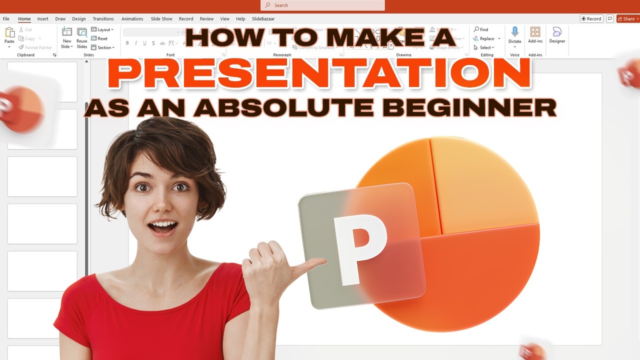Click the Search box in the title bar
[322, 5]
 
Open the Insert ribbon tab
[42, 19]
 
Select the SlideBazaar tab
[263, 19]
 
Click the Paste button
[9, 35]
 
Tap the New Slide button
[66, 37]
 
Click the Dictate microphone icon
[514, 33]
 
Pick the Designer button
[557, 35]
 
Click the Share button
[627, 19]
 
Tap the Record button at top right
[591, 19]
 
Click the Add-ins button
[535, 35]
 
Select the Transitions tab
[103, 19]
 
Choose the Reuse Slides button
[81, 37]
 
